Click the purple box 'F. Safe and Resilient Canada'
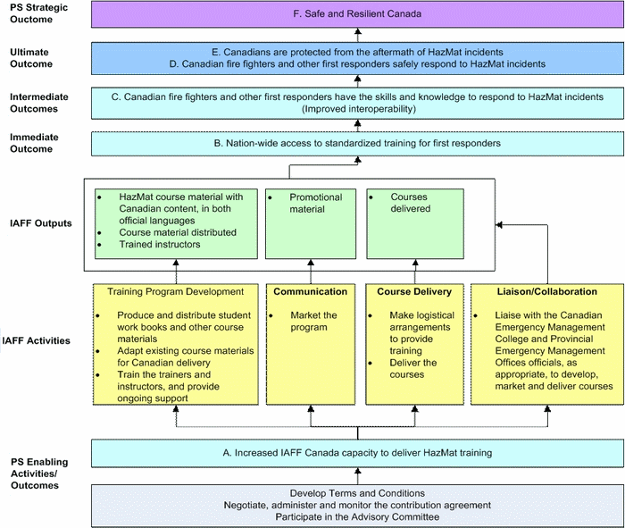(x=357, y=14)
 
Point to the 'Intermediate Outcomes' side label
(x=38, y=102)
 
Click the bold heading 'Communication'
(x=310, y=291)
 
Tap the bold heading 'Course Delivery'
(x=413, y=291)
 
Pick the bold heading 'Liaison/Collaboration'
(x=546, y=291)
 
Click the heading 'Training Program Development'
(x=175, y=291)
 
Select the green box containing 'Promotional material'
(x=311, y=223)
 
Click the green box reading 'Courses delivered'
(x=413, y=223)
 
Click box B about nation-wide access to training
(x=357, y=143)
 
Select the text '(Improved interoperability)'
(x=357, y=109)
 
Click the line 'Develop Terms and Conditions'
(x=357, y=493)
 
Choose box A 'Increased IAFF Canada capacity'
(x=357, y=453)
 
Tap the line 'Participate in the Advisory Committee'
(x=357, y=516)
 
